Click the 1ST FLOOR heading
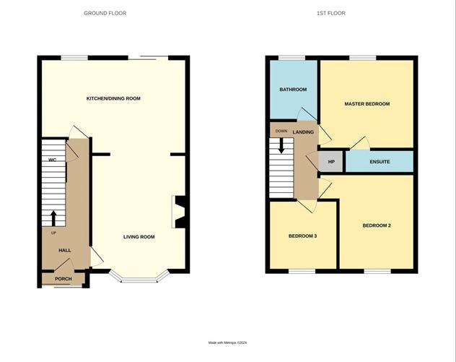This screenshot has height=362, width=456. (x=340, y=13)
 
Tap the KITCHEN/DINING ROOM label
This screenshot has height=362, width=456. (x=113, y=98)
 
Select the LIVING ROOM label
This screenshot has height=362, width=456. (x=139, y=237)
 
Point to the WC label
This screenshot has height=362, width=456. (x=53, y=159)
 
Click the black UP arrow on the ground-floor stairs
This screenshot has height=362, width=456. (x=53, y=217)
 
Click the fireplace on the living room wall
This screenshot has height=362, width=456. (x=179, y=210)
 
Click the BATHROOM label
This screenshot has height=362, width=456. (x=293, y=90)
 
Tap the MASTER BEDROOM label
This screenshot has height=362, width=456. (x=367, y=104)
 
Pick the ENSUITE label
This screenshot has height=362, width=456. (x=380, y=162)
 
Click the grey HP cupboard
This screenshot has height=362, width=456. (x=332, y=162)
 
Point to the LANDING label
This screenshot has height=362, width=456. (x=303, y=132)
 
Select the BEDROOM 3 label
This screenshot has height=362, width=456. (x=302, y=236)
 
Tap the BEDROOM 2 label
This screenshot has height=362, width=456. (x=376, y=225)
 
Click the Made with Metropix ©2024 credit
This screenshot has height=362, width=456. (x=228, y=342)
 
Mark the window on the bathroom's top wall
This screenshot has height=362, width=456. (x=292, y=57)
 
